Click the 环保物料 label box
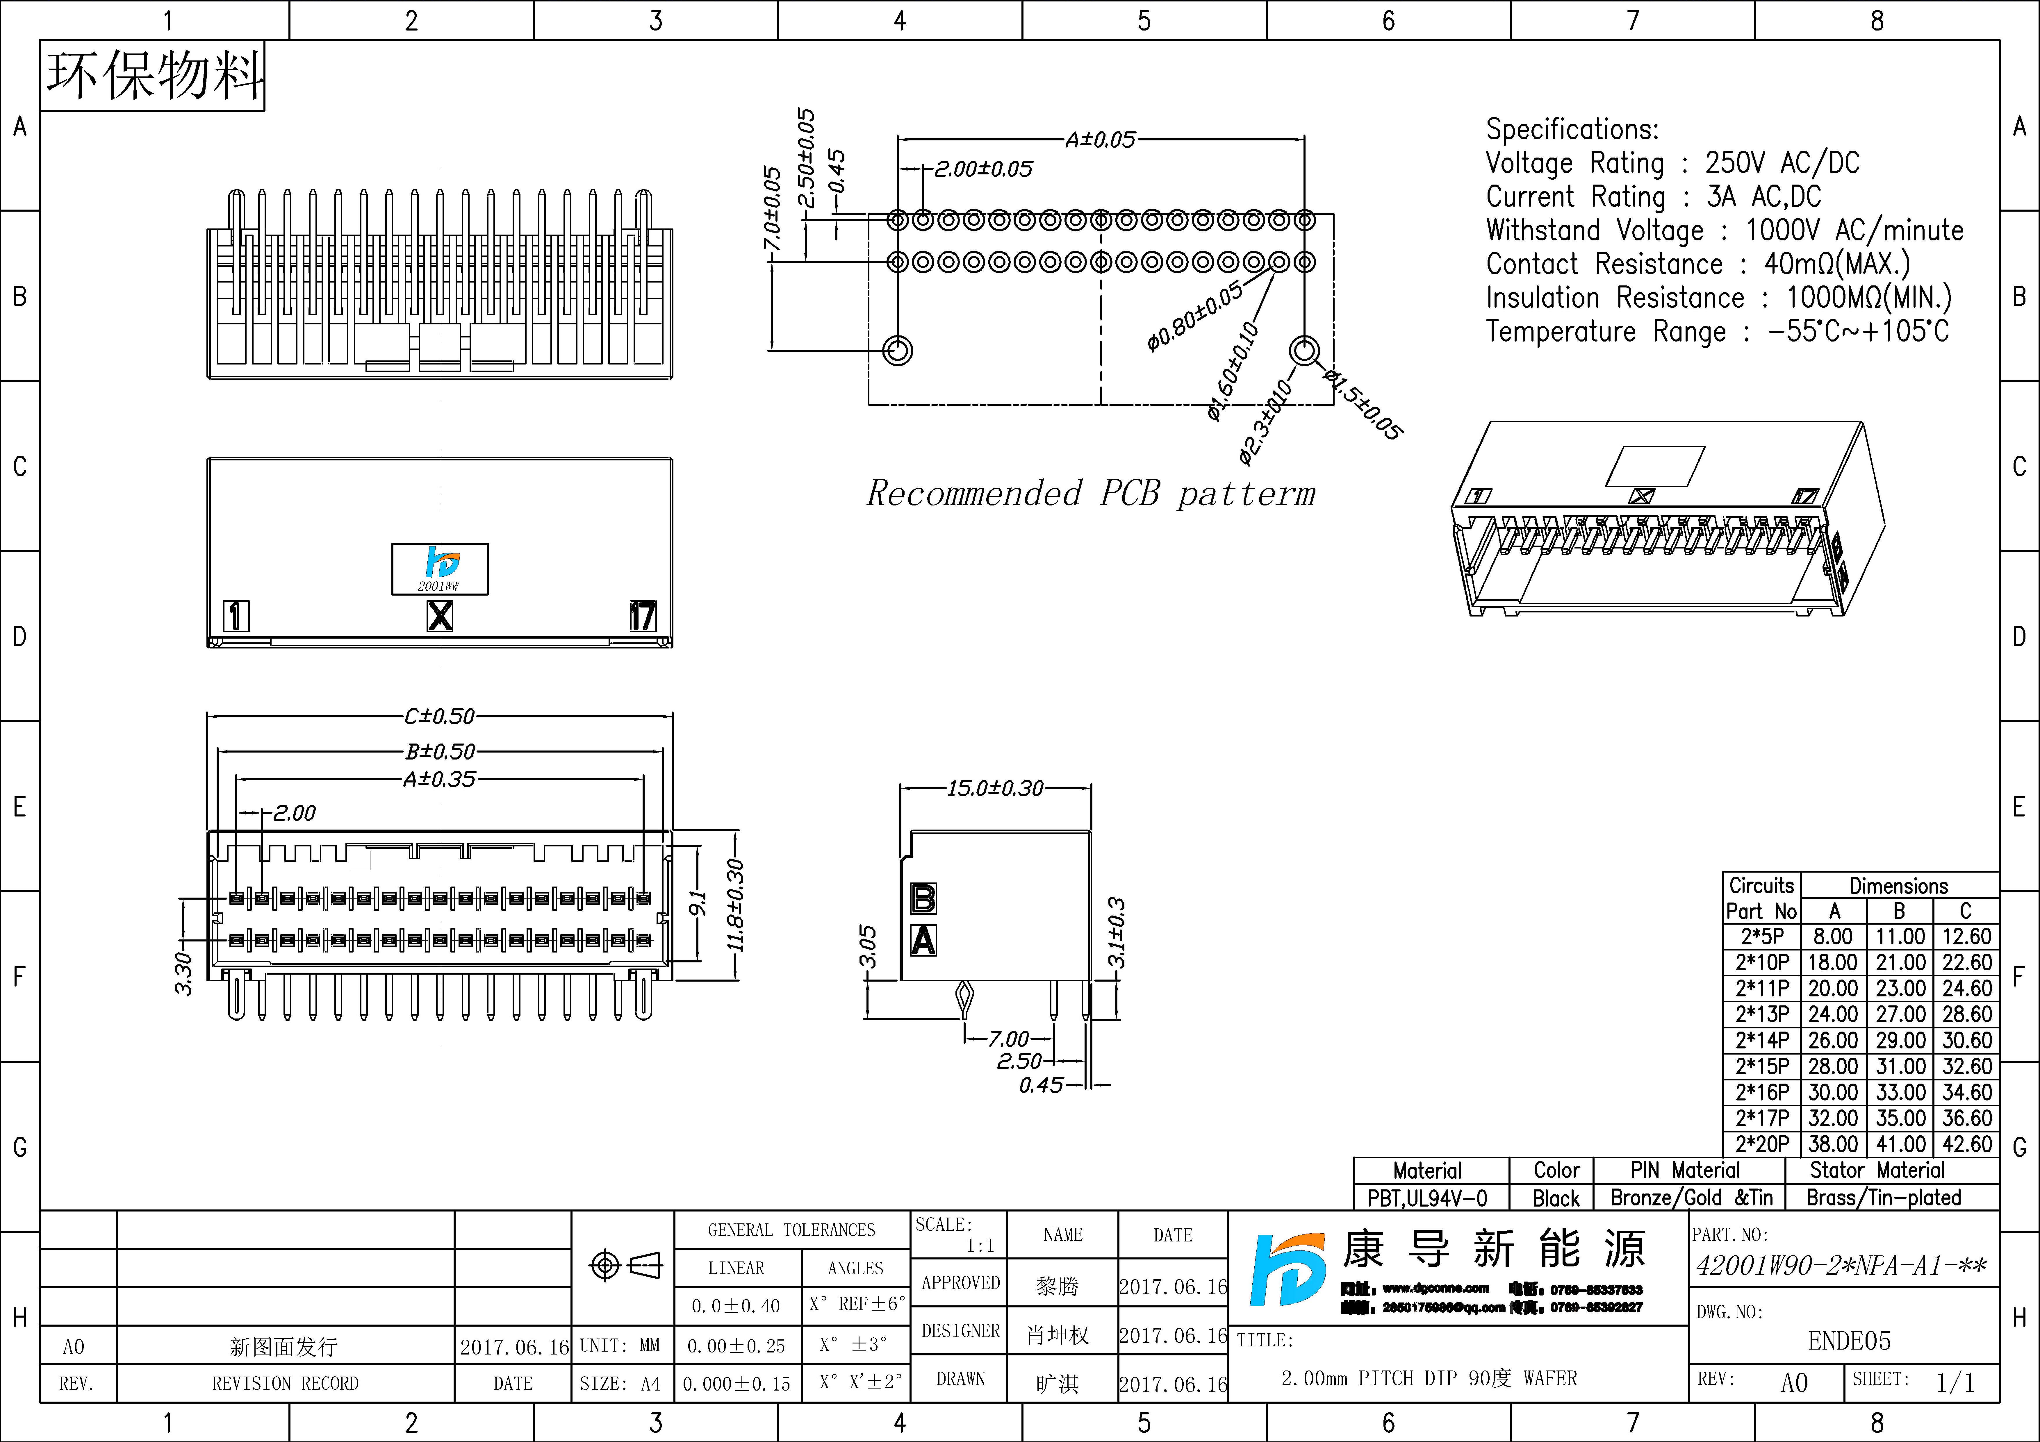pyautogui.click(x=153, y=76)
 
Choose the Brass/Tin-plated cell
pyautogui.click(x=1884, y=1198)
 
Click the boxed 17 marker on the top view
pyautogui.click(x=642, y=616)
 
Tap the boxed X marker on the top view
pyautogui.click(x=440, y=616)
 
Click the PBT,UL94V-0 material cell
pyautogui.click(x=1427, y=1198)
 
